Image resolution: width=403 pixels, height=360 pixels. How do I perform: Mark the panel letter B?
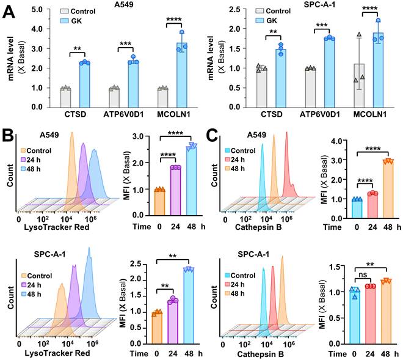pyautogui.click(x=9, y=131)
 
